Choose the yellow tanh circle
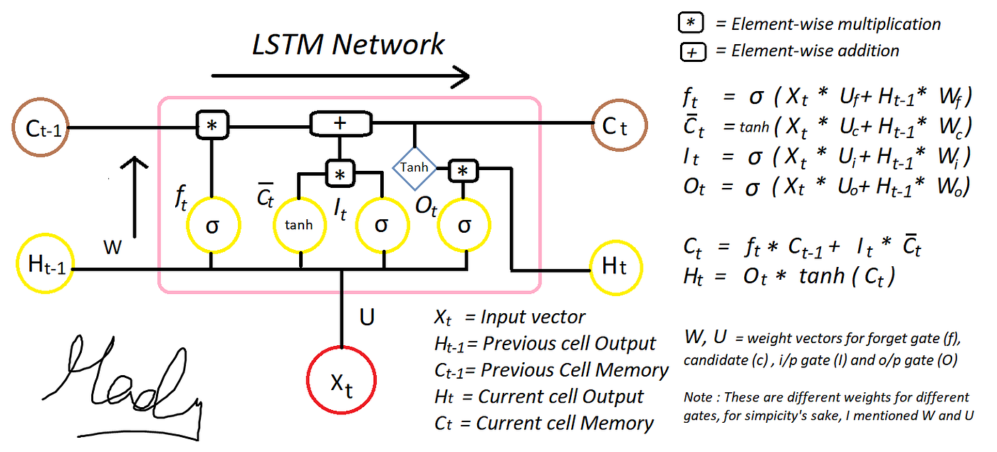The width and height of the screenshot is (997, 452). coord(299,224)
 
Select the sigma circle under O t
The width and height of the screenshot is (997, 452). coord(464,224)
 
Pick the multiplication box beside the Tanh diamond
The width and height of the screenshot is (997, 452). coord(464,170)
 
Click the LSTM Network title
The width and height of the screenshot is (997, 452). coord(348,44)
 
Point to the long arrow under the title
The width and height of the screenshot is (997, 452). coord(340,75)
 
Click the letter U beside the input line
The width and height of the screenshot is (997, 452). coord(367,317)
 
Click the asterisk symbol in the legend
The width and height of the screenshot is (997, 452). coord(691,24)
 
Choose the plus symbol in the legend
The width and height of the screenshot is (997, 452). coord(691,51)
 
